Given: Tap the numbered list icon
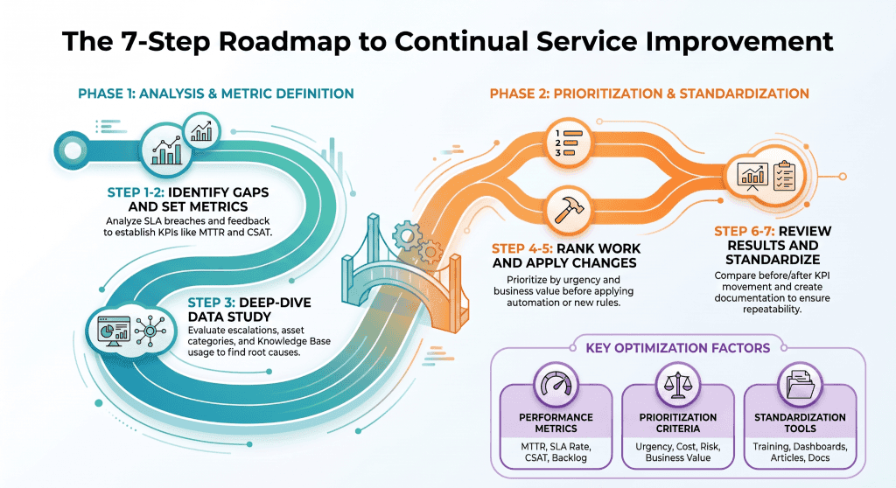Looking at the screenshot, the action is [x=569, y=143].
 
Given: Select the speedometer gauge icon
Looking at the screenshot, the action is [x=556, y=385].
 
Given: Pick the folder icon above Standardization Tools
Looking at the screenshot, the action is [x=800, y=384].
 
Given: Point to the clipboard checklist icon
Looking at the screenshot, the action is [x=784, y=176].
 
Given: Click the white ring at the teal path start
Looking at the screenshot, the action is [x=73, y=150].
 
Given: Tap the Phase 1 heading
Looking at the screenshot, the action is [x=216, y=94].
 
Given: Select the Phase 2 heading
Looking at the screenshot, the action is [x=649, y=94].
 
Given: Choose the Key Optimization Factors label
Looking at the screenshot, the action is [x=678, y=348].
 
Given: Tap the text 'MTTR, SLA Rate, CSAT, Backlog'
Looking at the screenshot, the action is [x=556, y=452].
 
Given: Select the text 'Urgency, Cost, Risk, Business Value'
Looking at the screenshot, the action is [x=678, y=452].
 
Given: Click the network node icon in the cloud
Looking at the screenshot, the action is [x=150, y=331].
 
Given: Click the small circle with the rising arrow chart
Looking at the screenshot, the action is [x=201, y=131].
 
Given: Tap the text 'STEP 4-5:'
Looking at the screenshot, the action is [x=522, y=248].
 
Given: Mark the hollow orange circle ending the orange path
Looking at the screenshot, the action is [x=843, y=178].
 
